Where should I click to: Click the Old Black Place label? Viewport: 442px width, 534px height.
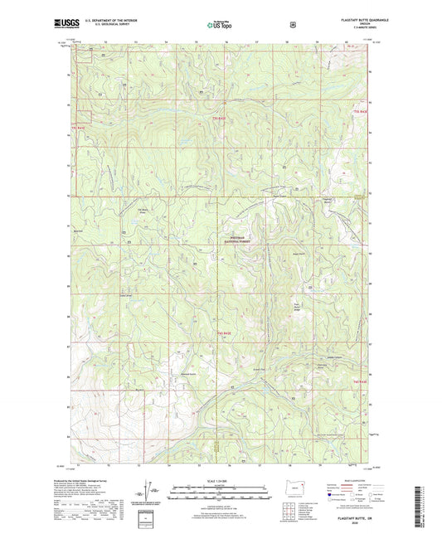point(142,211)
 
